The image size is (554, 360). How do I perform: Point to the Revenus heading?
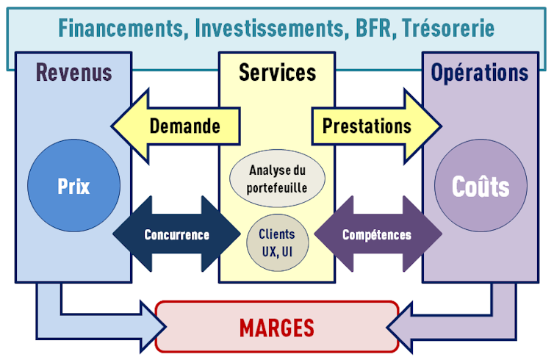(73, 72)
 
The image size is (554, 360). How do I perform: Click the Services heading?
(277, 72)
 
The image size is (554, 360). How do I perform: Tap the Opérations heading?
(479, 72)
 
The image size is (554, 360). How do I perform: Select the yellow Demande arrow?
(176, 126)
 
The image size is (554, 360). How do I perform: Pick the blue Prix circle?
(73, 186)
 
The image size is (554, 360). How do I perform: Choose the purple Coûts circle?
(481, 186)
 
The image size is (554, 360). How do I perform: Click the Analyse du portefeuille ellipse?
(277, 179)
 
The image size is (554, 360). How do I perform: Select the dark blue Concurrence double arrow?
(176, 235)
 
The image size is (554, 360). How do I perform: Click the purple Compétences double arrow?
(377, 235)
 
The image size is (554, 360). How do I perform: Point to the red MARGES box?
(277, 327)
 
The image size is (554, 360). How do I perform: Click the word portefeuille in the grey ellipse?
(277, 187)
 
